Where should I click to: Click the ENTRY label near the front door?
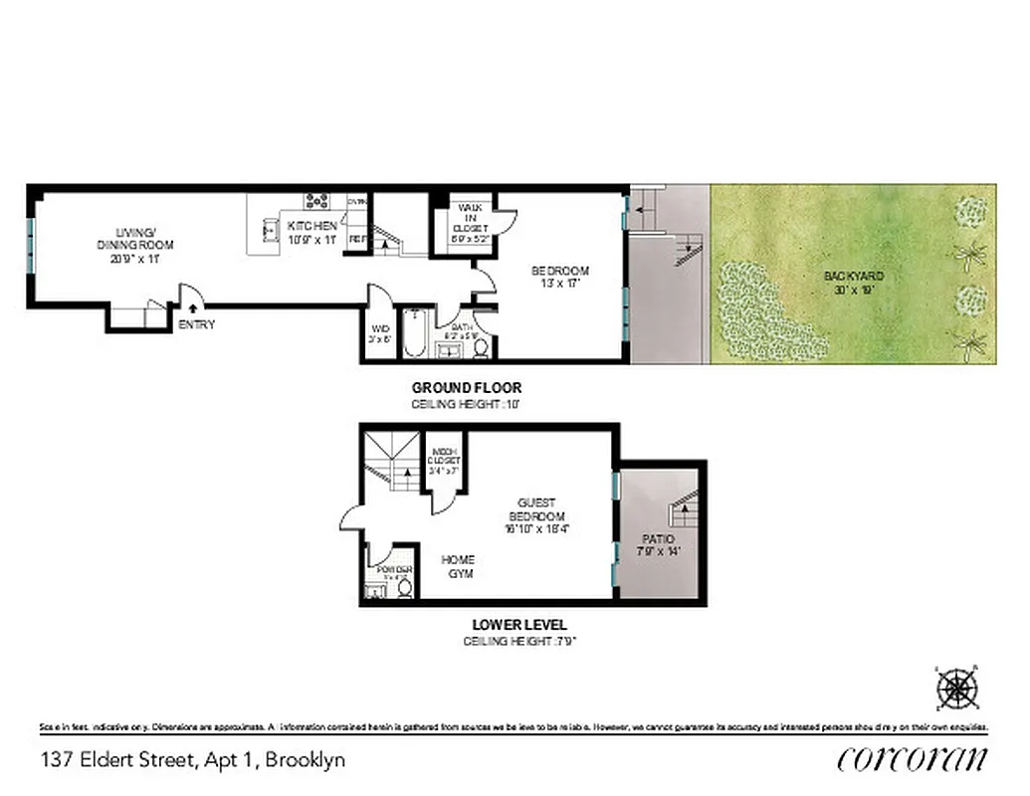(x=197, y=324)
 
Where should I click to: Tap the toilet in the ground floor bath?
(x=481, y=347)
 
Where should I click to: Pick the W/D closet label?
(x=380, y=331)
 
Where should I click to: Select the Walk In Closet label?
(x=469, y=222)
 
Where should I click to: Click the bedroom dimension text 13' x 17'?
(x=559, y=284)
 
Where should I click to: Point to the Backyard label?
(x=853, y=282)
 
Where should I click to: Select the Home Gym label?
(x=459, y=566)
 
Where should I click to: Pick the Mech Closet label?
(x=445, y=461)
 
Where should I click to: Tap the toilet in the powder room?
(x=404, y=587)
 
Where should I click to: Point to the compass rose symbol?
(x=957, y=688)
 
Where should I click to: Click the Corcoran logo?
(x=913, y=759)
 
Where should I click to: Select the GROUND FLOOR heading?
(x=467, y=387)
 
